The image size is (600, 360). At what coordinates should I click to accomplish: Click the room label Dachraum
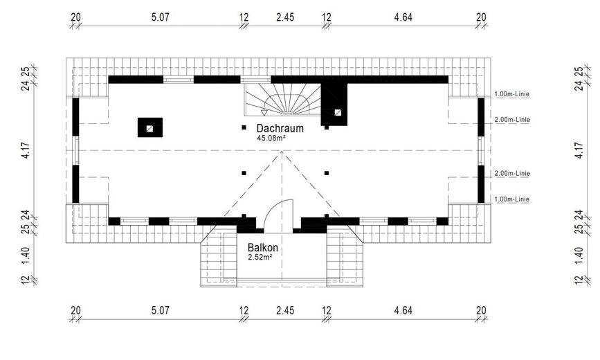point(280,128)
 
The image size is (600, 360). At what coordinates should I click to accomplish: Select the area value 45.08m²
point(271,138)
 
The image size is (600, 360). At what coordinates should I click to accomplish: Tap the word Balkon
point(262,247)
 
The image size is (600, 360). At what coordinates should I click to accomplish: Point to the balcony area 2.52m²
point(260,258)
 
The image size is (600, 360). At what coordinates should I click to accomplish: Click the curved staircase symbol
point(282,100)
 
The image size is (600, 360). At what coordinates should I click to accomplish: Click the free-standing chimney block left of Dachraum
point(150,127)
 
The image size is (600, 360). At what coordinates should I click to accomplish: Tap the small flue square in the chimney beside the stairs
point(338,113)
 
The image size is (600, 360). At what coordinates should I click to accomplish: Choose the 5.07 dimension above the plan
point(160,17)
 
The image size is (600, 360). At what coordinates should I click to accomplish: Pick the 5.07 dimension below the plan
point(160,310)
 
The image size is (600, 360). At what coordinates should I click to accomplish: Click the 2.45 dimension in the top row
point(285,17)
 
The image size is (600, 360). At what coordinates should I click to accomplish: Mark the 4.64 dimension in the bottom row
point(403,310)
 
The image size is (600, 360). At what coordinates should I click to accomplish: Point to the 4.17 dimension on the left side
point(26,150)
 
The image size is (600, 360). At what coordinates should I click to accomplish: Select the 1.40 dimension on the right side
point(579,255)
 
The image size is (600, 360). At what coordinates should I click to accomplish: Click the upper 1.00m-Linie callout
point(512,94)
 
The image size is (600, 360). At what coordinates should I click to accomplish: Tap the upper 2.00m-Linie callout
point(512,120)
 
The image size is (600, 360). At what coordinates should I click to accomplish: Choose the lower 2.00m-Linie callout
point(512,173)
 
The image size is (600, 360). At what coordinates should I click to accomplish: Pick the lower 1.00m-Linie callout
point(512,199)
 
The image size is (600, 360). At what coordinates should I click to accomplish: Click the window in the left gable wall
point(76,150)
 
